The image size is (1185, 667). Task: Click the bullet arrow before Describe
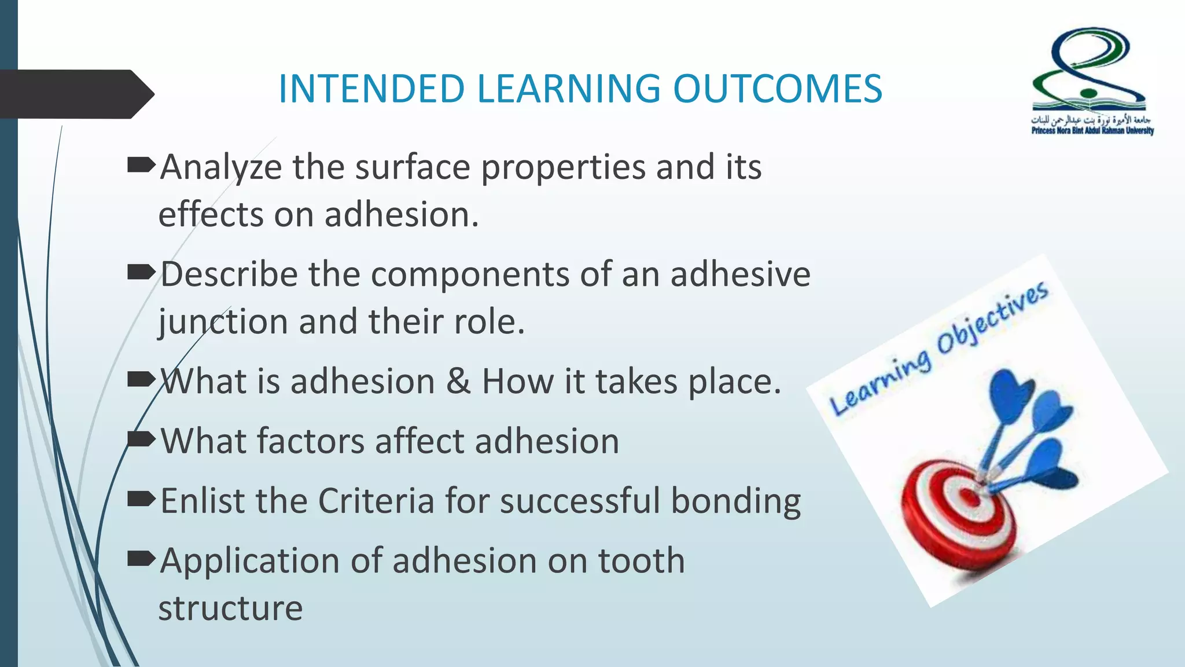coord(141,272)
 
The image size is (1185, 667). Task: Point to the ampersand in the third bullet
coord(458,382)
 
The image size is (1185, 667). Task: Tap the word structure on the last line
coord(230,609)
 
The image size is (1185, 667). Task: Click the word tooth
coord(641,561)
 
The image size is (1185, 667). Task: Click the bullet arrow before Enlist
coord(141,498)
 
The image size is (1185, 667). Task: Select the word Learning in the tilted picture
coord(881,383)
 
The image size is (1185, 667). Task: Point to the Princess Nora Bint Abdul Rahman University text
coord(1092,131)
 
